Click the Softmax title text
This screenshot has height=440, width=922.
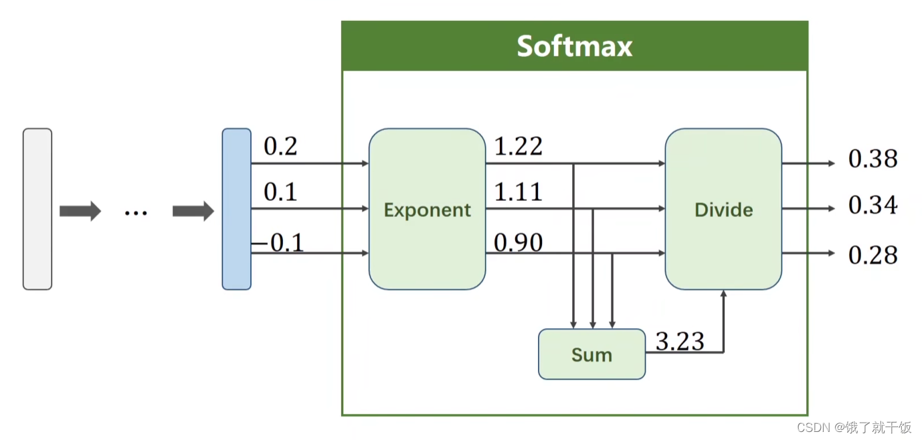coord(574,46)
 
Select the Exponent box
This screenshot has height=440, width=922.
coord(427,209)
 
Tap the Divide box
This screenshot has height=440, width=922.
coord(723,209)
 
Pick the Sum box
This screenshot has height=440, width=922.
coord(591,354)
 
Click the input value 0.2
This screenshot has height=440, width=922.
coord(280,147)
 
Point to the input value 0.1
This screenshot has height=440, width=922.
coord(280,193)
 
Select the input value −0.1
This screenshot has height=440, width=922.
coord(278,242)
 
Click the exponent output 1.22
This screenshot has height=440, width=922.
coord(518,147)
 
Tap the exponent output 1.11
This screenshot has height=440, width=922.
coord(518,193)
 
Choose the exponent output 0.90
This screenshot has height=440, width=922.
coord(518,242)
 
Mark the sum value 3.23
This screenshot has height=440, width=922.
coord(680,342)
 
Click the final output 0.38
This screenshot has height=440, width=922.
coord(872,159)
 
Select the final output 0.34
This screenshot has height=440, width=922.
coord(872,206)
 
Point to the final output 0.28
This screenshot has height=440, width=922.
coord(872,255)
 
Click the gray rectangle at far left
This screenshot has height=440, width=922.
coord(37,209)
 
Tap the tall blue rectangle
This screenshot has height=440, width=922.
coord(236,209)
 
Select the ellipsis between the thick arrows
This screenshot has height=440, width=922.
coord(136,212)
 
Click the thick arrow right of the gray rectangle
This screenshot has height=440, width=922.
coord(80,212)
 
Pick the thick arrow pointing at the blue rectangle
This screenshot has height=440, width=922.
coord(193,212)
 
